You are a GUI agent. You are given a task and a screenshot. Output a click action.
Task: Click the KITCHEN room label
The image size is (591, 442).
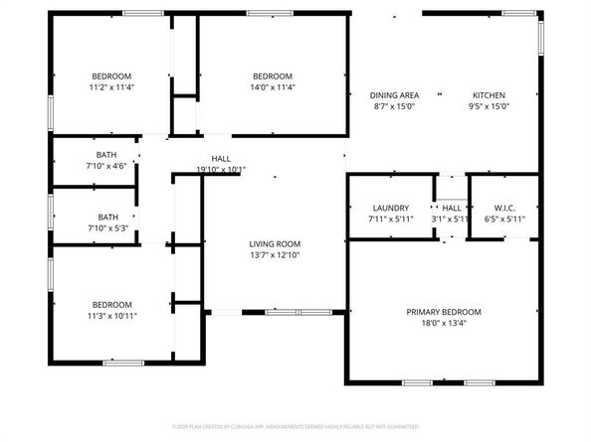click(489, 94)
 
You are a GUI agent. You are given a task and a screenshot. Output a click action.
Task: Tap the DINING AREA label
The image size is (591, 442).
click(394, 94)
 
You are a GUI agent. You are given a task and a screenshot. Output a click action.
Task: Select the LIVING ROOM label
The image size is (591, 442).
click(275, 243)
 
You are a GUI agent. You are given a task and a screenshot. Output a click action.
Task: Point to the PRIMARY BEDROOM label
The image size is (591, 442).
click(444, 311)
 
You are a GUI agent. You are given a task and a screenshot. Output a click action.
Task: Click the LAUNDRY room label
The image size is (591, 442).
click(391, 208)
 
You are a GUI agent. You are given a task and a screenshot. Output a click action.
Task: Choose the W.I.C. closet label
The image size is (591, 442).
click(503, 208)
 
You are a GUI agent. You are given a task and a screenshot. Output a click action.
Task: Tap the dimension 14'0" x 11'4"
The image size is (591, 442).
click(272, 87)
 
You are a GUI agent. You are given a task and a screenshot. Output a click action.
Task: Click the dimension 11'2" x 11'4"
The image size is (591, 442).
click(111, 87)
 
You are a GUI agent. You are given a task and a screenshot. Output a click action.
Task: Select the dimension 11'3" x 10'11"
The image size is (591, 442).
click(112, 316)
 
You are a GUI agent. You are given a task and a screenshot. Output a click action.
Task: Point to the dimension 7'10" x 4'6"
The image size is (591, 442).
click(106, 166)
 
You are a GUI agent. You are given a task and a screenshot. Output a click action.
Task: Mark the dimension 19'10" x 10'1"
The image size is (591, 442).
click(221, 169)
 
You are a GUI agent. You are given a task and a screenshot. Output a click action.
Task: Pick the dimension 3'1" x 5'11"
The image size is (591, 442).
click(451, 219)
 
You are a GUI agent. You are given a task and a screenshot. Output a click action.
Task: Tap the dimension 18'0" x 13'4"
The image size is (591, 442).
click(444, 322)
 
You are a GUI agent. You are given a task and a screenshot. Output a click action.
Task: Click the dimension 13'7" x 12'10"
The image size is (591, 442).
click(275, 254)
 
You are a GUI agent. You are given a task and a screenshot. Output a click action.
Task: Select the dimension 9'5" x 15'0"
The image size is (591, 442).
click(489, 105)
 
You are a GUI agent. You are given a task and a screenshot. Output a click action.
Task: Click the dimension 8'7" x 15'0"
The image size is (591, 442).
click(394, 105)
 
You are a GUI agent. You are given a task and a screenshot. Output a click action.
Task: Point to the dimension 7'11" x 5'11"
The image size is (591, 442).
click(391, 219)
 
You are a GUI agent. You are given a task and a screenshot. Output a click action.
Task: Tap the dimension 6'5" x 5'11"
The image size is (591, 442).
click(503, 219)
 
